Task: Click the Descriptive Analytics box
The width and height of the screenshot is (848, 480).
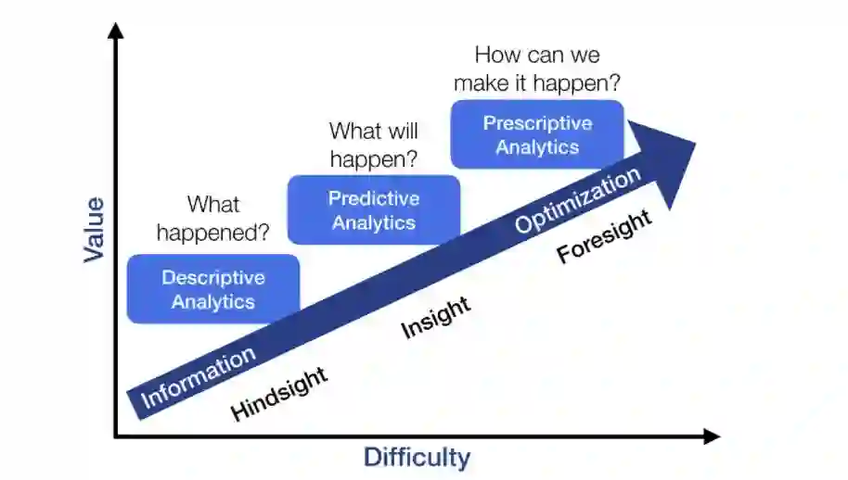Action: click(213, 289)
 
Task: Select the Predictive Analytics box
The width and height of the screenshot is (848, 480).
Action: click(374, 210)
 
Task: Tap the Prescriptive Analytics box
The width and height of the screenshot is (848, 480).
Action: click(537, 134)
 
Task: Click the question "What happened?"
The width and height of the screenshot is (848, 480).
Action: click(213, 219)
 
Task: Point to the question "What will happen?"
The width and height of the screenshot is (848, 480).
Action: click(373, 145)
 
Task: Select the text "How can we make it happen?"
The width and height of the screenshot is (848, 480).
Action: click(537, 69)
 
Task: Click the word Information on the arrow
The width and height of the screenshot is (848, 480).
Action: click(198, 378)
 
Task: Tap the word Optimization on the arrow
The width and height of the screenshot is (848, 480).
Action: click(578, 199)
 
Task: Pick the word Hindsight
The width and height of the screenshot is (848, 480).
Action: click(278, 395)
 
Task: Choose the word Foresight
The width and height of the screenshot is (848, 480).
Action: click(604, 237)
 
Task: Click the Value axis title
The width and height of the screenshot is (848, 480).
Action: click(95, 229)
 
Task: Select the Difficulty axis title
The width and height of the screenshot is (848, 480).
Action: click(417, 458)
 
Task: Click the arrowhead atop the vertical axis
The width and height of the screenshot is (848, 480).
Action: click(115, 31)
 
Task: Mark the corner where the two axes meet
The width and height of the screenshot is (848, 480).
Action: click(116, 436)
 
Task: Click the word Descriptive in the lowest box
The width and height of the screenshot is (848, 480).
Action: click(213, 278)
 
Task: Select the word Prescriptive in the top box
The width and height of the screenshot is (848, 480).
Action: click(537, 123)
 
